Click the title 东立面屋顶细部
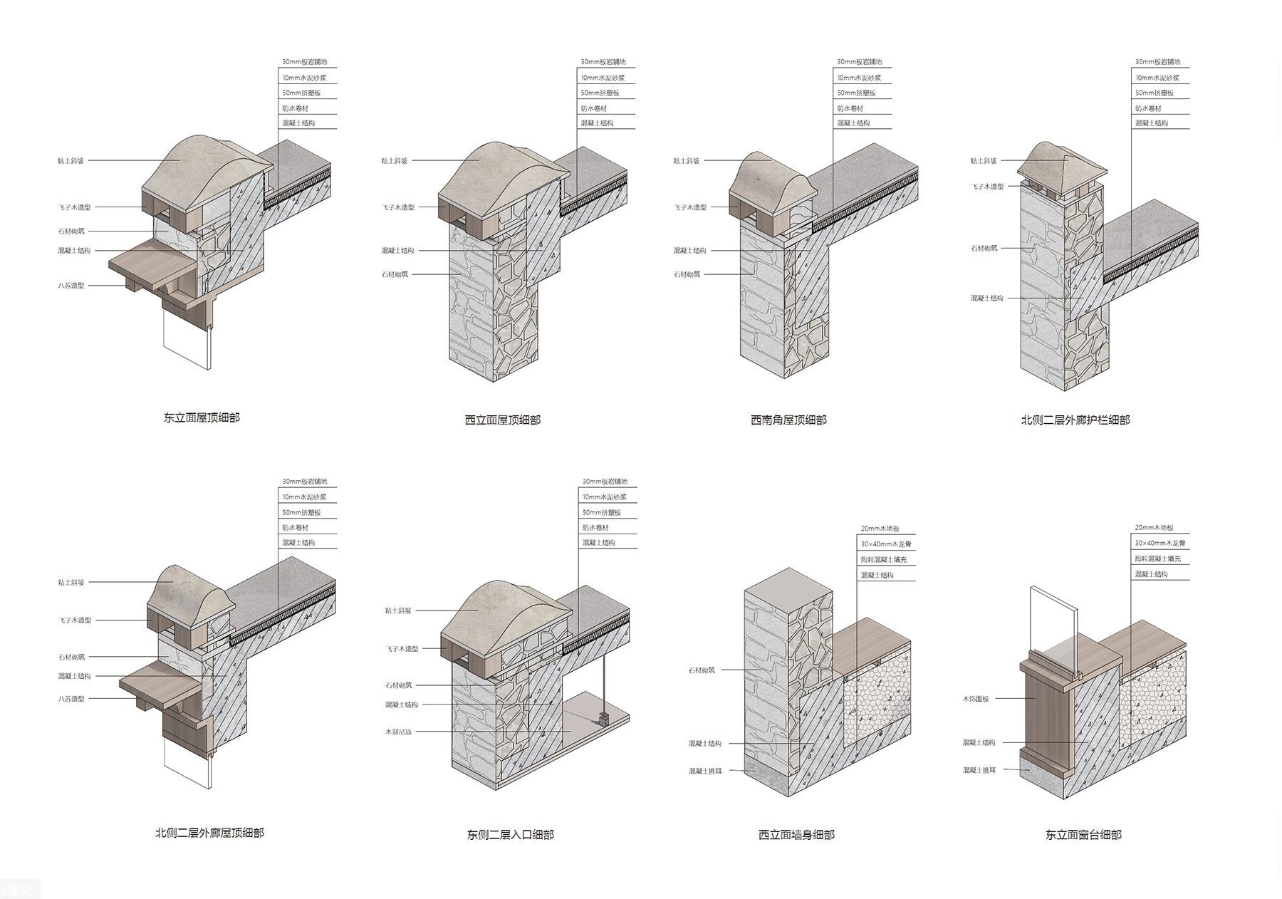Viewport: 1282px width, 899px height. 202,418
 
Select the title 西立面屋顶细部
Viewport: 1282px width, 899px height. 502,420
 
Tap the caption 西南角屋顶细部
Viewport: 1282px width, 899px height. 788,420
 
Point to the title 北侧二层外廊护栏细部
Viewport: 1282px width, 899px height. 1075,420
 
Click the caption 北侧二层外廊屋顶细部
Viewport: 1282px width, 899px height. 209,833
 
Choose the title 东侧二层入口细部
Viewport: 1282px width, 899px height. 510,835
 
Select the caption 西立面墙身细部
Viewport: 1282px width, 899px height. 796,835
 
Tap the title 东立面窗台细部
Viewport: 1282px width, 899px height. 1083,835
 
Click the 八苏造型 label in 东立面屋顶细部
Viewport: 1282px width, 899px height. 71,286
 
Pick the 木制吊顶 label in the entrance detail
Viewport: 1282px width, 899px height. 398,732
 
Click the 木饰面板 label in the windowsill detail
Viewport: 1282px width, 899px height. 976,699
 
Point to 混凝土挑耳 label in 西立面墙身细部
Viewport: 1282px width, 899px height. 705,771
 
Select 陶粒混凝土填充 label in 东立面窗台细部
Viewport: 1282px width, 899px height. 1157,558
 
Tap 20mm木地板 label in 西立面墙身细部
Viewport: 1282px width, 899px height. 880,529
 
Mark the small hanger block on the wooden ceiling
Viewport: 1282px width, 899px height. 604,719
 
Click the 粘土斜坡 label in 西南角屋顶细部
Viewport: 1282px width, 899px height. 687,161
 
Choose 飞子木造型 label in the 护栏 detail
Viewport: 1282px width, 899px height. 988,187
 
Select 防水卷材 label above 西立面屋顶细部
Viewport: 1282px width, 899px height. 593,108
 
